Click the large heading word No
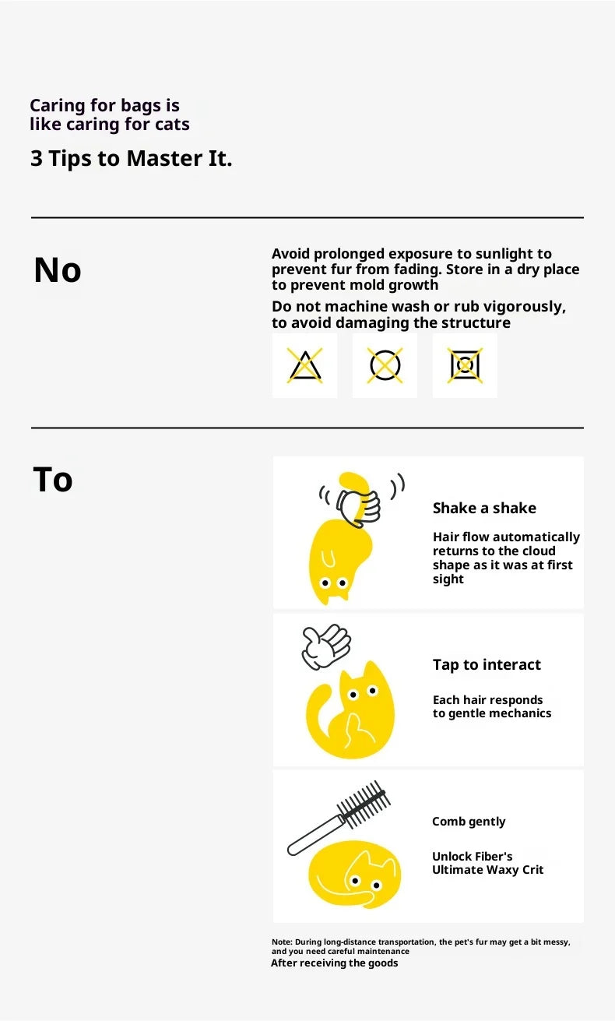tap(58, 269)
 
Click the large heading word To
tap(53, 479)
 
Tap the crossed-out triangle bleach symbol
tap(304, 365)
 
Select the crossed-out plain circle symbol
tap(385, 365)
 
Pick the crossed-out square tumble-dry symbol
tap(465, 365)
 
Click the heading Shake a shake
tap(484, 508)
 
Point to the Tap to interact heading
tap(487, 665)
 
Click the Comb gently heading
tap(469, 822)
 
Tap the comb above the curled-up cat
tap(339, 818)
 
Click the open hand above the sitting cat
tap(325, 646)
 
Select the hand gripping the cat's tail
tap(359, 507)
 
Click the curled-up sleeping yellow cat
tap(355, 875)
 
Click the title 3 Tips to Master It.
tap(132, 159)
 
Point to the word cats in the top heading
tap(172, 124)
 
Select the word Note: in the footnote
tap(282, 942)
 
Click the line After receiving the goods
tap(335, 963)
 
